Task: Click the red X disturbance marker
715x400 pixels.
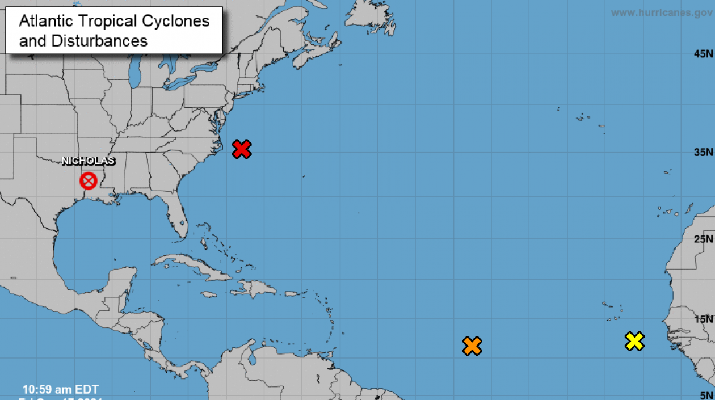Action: coord(242,149)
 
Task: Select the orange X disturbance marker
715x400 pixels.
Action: coord(472,346)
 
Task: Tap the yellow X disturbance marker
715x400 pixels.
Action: coord(634,341)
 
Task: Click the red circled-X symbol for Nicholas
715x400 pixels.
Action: coord(88,181)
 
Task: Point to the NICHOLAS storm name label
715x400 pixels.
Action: coord(88,161)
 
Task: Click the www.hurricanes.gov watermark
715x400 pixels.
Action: coord(661,12)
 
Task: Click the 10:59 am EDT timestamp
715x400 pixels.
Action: coord(61,389)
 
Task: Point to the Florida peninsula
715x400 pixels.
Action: coord(177,218)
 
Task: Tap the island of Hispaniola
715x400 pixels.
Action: coord(254,289)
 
